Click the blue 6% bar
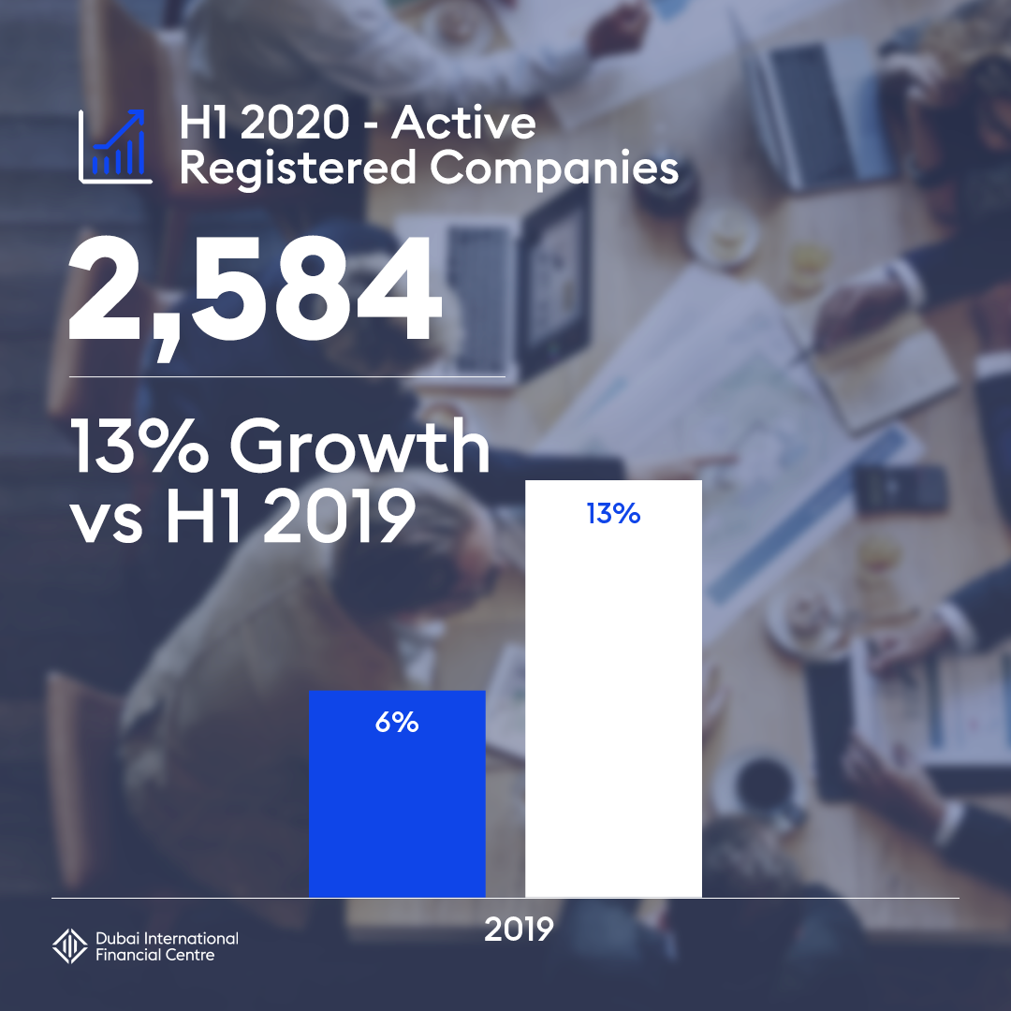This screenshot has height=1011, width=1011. click(x=397, y=805)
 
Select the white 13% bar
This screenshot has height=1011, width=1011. click(x=613, y=711)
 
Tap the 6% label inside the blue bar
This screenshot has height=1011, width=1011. click(x=397, y=723)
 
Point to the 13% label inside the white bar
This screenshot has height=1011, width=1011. click(x=613, y=513)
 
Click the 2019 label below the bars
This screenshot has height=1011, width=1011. click(x=520, y=929)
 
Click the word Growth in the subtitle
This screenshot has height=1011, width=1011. click(x=360, y=448)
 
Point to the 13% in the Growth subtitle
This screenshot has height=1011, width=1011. click(x=140, y=448)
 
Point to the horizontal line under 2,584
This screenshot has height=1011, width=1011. click(x=287, y=376)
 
